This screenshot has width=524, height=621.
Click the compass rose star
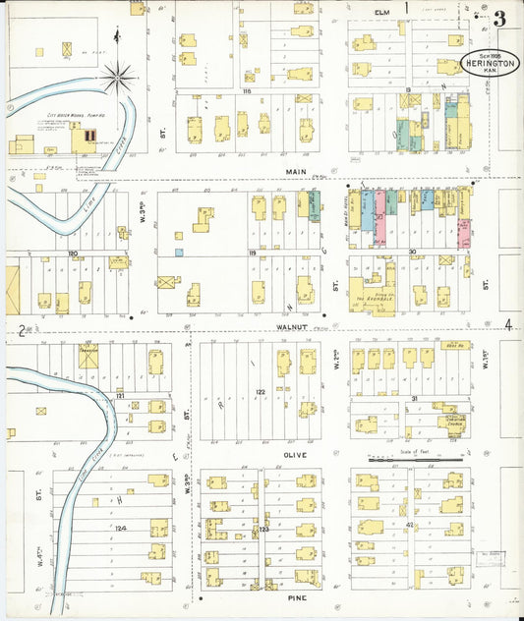click(118, 74)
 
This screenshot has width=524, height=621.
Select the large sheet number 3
click(500, 19)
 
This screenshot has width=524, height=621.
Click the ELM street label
click(381, 11)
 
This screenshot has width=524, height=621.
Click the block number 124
click(121, 529)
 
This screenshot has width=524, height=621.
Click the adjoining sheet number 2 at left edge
click(20, 328)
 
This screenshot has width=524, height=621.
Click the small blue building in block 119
click(180, 253)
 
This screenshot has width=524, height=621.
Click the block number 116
click(247, 90)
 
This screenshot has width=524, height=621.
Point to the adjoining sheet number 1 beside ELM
click(407, 8)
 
